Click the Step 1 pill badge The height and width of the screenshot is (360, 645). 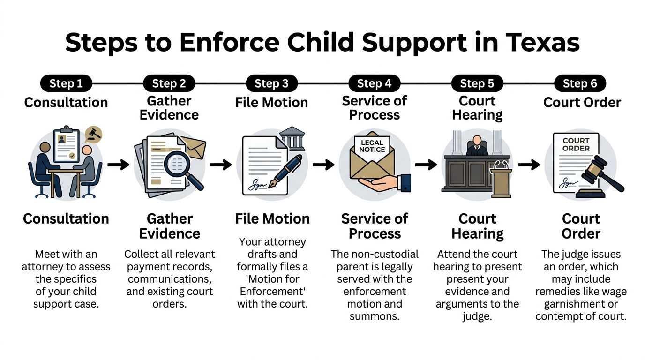point(66,84)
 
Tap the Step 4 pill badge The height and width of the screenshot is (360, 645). point(374,84)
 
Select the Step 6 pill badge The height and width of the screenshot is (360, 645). point(580,84)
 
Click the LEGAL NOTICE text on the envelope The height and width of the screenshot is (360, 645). point(372,146)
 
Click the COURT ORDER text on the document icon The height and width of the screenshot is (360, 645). point(576,144)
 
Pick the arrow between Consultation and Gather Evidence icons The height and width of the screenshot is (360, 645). point(118,165)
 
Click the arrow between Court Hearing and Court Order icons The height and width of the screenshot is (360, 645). point(529,165)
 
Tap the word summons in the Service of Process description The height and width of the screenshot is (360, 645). point(375,316)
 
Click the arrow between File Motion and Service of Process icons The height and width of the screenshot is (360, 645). point(323,165)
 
